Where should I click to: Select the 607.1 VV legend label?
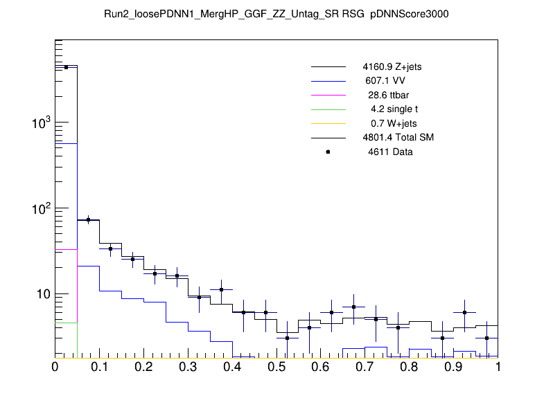click(x=386, y=81)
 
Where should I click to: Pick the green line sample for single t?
click(x=328, y=109)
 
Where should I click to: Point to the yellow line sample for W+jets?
click(x=328, y=123)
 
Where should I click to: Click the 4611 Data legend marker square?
click(x=328, y=152)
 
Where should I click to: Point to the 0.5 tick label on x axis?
click(x=276, y=367)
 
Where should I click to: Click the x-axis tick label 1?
click(x=498, y=367)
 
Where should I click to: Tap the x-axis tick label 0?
click(x=55, y=367)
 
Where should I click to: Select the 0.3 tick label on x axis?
click(x=188, y=367)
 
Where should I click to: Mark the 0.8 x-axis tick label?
click(x=410, y=367)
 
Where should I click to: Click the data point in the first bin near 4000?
click(x=66, y=67)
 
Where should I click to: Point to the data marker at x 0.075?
click(x=88, y=219)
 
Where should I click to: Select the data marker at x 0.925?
click(x=465, y=312)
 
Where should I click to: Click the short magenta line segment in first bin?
click(x=66, y=249)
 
